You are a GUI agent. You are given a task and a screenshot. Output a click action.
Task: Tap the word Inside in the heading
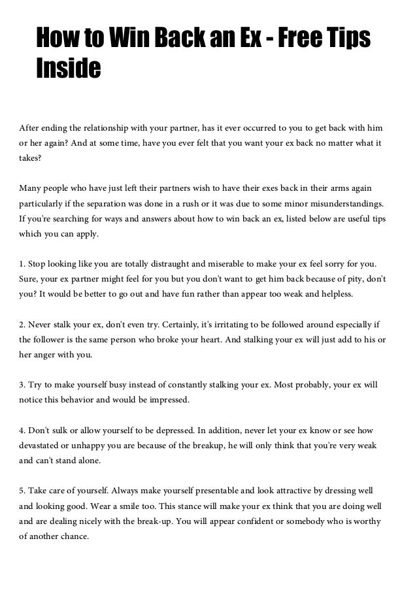68,67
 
